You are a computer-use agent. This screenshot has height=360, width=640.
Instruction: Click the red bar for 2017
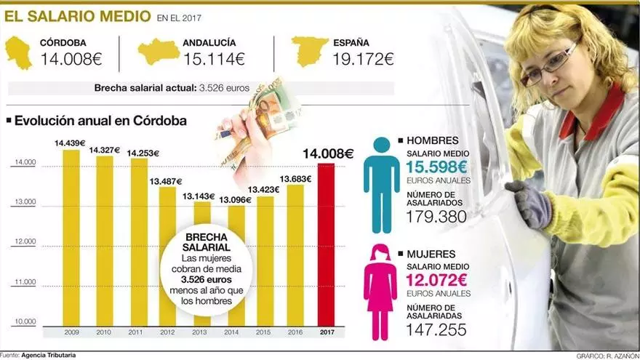[327, 244]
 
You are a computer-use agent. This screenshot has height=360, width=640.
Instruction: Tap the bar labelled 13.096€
[236, 265]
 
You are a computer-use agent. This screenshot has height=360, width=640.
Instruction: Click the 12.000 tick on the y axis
[25, 241]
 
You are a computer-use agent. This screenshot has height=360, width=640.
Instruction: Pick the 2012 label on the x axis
[167, 332]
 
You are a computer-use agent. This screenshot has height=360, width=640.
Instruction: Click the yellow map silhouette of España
[309, 52]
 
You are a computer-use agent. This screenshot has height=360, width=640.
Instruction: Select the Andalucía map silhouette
[159, 52]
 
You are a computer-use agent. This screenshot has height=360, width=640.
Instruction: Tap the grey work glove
[529, 204]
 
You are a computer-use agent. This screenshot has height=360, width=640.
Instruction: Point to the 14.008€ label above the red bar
[328, 153]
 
